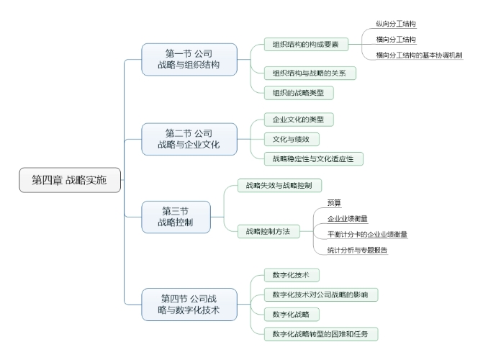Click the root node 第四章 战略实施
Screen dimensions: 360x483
pos(70,180)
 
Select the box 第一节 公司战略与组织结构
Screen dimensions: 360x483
pos(189,58)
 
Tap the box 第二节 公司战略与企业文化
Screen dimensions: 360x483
pos(189,138)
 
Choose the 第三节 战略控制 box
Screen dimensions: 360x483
pos(175,217)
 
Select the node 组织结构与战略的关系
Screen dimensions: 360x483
pos(310,73)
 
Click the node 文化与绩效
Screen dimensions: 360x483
pos(291,139)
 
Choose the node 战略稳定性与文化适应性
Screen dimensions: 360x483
pos(317,158)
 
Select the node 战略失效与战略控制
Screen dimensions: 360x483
pos(279,186)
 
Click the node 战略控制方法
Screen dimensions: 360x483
pos(267,231)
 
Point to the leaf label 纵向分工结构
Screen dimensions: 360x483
pos(397,24)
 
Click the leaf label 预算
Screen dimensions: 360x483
pos(335,203)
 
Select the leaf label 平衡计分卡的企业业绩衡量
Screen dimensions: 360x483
pos(367,234)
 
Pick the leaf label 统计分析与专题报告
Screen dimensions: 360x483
pos(358,250)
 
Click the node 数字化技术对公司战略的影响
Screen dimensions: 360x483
pos(320,295)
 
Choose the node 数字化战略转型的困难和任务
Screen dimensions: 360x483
pos(320,334)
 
